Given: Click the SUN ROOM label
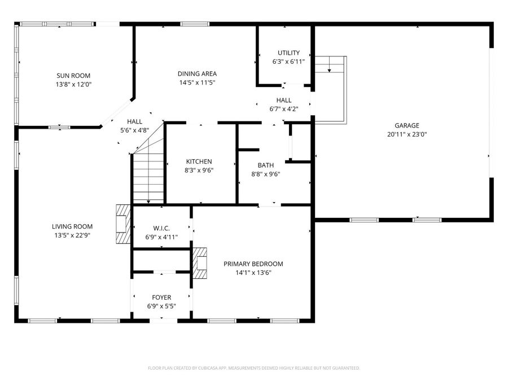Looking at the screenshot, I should [73, 76].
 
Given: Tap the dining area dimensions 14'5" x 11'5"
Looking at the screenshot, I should [197, 82].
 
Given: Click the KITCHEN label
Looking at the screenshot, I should [199, 161].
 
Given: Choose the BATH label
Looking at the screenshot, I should [265, 165].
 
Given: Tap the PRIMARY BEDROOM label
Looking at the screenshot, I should [253, 264].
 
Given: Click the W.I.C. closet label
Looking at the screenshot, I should [161, 228].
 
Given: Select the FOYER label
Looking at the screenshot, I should [161, 297].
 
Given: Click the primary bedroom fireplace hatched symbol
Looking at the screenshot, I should [200, 264].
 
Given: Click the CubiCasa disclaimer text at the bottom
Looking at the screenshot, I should [253, 368].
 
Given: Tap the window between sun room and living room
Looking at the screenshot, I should [59, 127].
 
